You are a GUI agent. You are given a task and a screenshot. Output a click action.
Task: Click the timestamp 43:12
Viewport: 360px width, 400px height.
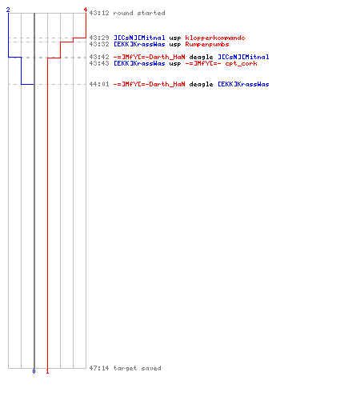point(99,13)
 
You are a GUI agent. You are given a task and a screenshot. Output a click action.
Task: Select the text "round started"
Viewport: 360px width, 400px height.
point(139,13)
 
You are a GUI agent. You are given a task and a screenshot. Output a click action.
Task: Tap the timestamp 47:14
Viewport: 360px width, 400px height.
point(99,368)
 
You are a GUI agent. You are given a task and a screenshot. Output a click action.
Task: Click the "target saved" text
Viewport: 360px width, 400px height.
point(138,368)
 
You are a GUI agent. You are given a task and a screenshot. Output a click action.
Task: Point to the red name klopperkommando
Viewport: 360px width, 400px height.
point(215,38)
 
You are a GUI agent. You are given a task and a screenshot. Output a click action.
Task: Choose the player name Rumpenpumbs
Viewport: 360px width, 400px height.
point(207,44)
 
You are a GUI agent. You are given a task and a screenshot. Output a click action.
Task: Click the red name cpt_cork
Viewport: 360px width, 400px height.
point(241,63)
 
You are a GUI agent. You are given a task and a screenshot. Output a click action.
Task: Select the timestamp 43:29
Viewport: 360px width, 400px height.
point(99,38)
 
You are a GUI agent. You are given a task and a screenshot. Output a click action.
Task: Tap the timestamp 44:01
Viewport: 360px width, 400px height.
point(99,84)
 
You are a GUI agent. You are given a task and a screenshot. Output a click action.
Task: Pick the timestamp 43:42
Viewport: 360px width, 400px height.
point(99,57)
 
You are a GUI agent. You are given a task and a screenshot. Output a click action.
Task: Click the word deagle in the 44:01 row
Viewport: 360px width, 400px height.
point(201,84)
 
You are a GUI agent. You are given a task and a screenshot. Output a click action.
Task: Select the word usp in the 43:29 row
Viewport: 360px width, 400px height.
point(175,38)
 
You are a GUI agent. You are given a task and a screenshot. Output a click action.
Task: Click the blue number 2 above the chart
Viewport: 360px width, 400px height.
point(8,10)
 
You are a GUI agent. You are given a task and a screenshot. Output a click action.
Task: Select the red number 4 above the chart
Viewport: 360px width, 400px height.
point(86,10)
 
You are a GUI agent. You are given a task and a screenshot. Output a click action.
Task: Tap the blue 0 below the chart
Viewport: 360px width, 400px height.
point(34,371)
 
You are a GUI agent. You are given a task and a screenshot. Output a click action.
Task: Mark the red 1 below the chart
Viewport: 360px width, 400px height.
point(47,371)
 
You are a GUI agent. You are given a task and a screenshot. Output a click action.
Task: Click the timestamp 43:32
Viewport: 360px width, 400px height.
point(99,44)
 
